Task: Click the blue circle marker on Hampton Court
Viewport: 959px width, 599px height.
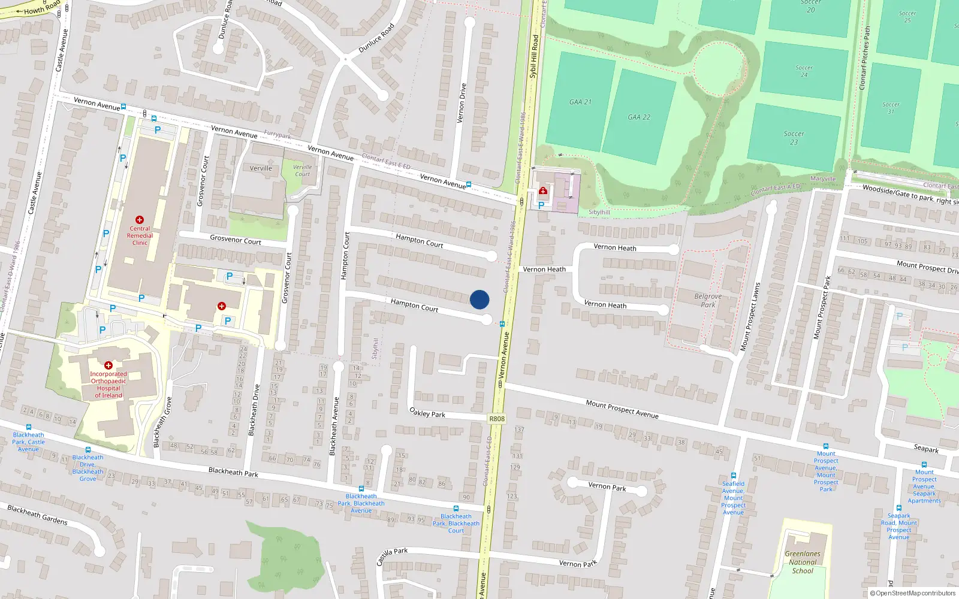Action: coord(479,299)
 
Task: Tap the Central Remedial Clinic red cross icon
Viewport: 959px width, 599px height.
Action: coord(140,220)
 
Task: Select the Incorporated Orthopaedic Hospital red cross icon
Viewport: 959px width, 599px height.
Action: coord(108,365)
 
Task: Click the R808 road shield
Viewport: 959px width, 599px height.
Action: coord(497,419)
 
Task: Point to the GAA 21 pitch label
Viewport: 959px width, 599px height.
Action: coord(580,102)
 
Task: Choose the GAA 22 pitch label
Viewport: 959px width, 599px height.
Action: coord(639,117)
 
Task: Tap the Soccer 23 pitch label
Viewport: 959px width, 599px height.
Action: coord(794,138)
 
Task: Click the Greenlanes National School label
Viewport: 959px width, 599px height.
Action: coord(803,562)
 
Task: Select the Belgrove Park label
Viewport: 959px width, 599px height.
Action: coord(708,300)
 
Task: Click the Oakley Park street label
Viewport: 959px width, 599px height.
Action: coord(427,413)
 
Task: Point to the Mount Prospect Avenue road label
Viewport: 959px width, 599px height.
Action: coord(622,409)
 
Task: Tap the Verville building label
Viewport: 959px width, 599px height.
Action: coord(261,168)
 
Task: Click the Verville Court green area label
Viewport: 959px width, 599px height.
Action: coord(302,171)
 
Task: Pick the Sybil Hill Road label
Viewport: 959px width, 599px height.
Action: coord(533,56)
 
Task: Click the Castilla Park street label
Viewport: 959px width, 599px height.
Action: coord(392,556)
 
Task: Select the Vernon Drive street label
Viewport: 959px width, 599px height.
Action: coord(462,103)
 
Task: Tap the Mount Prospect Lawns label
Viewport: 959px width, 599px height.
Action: coord(749,317)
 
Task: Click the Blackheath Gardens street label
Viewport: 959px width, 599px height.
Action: coord(37,515)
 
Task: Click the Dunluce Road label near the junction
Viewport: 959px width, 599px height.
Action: coord(376,38)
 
